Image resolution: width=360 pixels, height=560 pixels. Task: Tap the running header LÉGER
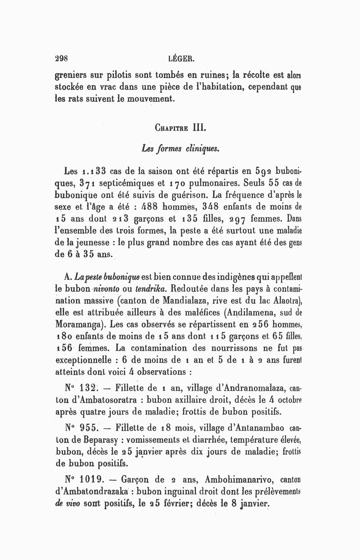click(180, 58)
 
